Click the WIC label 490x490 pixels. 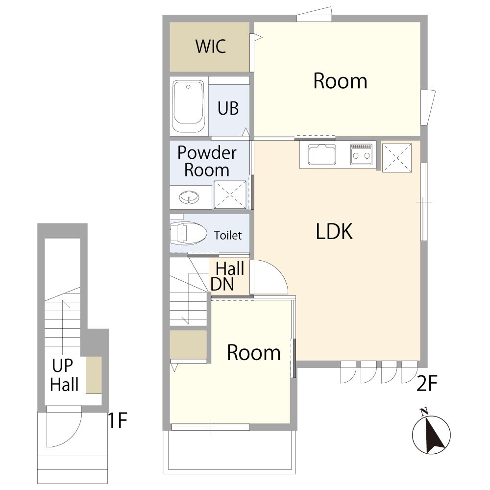211,46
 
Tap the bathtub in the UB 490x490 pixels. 189,106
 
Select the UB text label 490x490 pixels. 228,108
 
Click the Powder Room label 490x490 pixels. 207,161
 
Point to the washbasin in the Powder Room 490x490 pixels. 189,197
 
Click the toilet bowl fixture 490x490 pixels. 189,233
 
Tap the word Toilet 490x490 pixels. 228,235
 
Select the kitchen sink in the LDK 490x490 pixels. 322,154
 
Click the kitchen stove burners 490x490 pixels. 361,154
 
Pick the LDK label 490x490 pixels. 334,232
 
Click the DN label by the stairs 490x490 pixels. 222,284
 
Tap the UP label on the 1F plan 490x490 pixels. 63,366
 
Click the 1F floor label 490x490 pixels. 117,420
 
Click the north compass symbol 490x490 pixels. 431,433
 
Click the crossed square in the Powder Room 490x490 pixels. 230,195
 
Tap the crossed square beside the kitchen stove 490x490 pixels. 397,157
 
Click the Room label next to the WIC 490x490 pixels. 340,81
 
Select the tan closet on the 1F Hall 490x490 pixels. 94,375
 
